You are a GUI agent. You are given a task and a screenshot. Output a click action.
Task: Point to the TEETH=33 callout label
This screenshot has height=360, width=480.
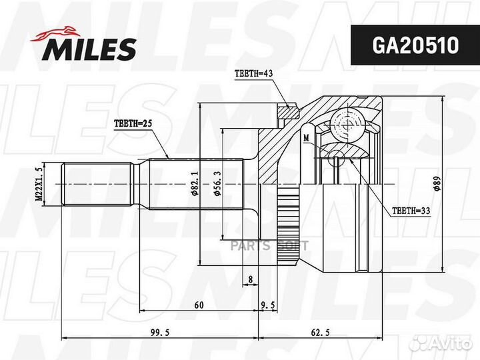tap(409, 210)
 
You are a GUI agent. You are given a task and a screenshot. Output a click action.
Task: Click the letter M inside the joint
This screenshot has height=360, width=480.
tap(306, 138)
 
